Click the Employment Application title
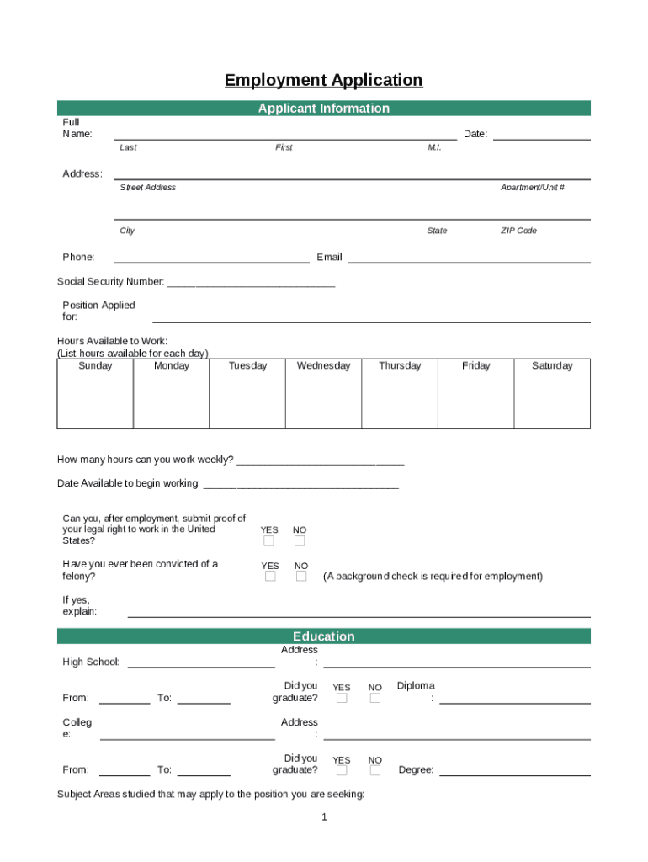click(323, 81)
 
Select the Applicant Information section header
click(323, 109)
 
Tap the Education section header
click(323, 636)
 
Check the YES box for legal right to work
click(269, 541)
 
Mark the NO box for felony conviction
click(300, 577)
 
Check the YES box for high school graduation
click(342, 698)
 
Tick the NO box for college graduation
click(374, 770)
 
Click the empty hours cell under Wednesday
click(323, 401)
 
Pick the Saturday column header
click(552, 366)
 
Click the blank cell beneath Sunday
click(95, 401)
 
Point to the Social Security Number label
click(111, 282)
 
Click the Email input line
click(469, 261)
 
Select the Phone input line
click(211, 261)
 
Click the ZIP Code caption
click(518, 231)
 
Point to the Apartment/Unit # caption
click(533, 188)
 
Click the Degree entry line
click(514, 774)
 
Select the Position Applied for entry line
click(371, 320)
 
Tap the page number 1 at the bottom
click(324, 817)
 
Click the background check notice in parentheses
click(433, 577)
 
